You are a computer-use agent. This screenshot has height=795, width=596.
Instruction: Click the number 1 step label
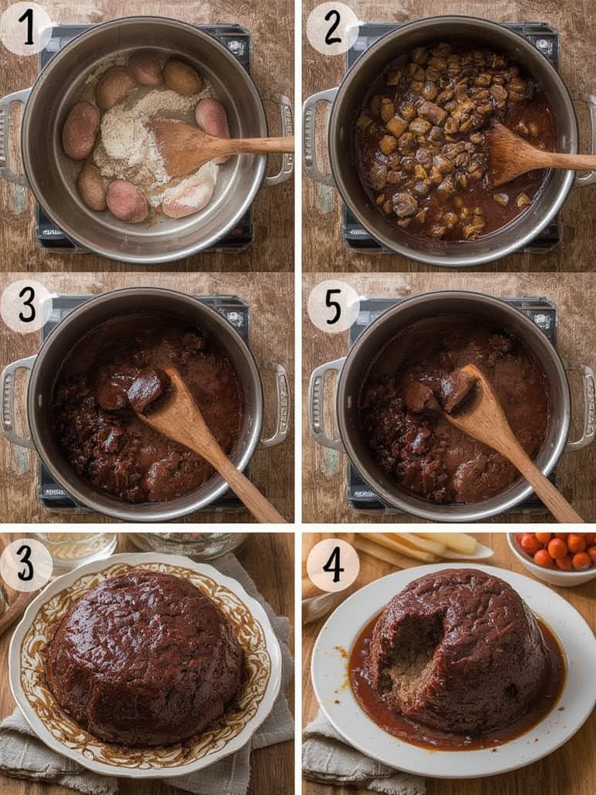(27, 29)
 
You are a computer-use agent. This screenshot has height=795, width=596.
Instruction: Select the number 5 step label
(333, 306)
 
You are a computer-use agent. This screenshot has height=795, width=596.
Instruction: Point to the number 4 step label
(334, 565)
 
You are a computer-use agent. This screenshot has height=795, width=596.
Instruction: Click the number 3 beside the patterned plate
(26, 564)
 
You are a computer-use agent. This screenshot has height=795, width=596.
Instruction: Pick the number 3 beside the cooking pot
(26, 306)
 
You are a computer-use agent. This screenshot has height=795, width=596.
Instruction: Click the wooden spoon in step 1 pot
(213, 146)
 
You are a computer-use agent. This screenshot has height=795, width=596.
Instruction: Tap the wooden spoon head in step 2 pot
(513, 154)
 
